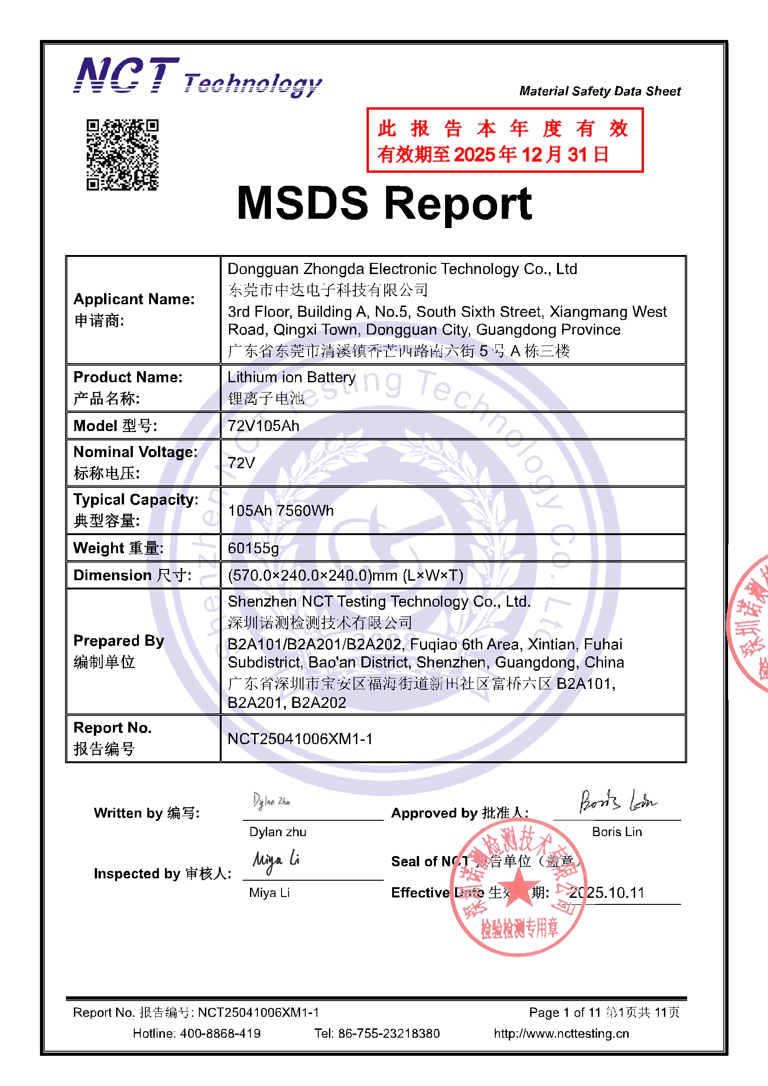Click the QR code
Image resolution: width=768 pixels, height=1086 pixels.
[122, 155]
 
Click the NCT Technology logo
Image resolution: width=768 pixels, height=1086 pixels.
[197, 77]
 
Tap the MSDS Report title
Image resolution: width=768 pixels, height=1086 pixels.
[384, 203]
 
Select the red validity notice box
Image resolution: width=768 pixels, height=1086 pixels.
[505, 140]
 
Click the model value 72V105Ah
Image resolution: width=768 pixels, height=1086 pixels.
[263, 425]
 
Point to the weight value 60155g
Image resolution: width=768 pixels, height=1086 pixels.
[253, 548]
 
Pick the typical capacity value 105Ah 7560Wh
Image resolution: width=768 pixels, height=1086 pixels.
[281, 511]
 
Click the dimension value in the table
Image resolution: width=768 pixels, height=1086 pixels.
[345, 575]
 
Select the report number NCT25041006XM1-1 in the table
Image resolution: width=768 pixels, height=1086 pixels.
[300, 739]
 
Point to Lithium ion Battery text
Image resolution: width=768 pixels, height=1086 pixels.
[291, 378]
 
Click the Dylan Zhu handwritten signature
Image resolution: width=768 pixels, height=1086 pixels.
[271, 801]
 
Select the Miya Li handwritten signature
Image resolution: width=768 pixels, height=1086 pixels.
[276, 862]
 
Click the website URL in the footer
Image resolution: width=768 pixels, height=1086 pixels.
[561, 1034]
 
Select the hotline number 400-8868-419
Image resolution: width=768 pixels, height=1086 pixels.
[220, 1034]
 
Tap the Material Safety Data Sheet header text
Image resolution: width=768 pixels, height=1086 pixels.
[599, 92]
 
